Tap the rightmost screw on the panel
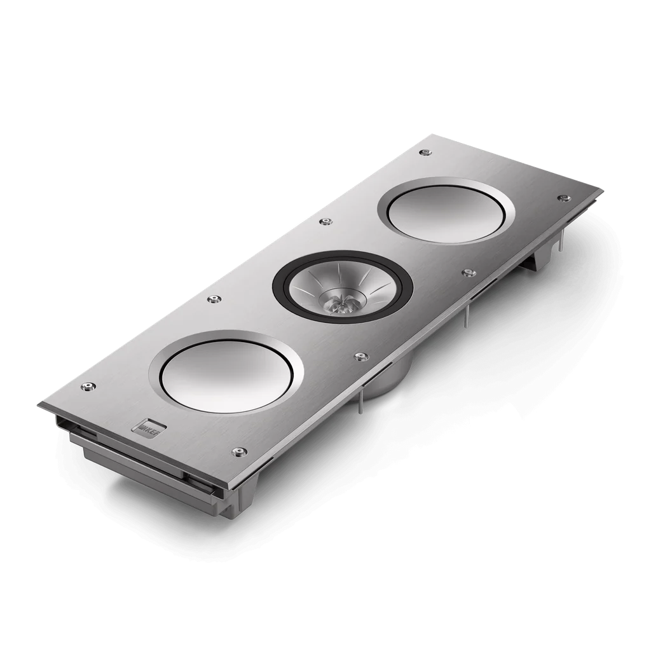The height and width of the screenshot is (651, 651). pos(561,198)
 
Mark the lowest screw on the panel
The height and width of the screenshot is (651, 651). pos(240,452)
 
